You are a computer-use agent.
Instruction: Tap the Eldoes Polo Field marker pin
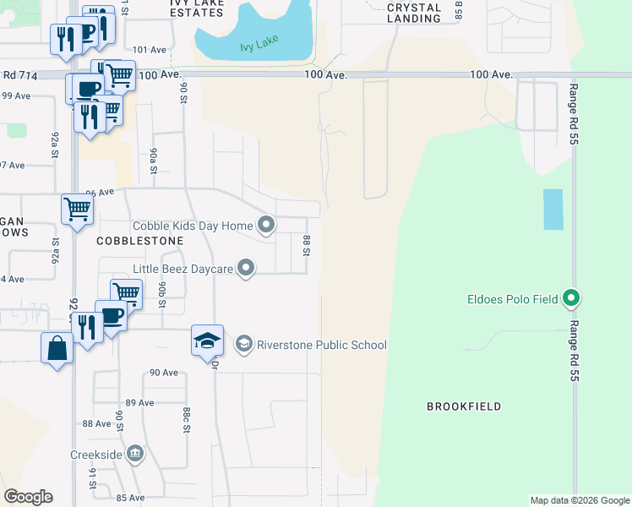point(572,298)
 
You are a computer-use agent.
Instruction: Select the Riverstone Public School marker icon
point(244,344)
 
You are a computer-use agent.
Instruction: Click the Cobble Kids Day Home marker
point(266,225)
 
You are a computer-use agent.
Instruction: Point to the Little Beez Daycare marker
point(246,269)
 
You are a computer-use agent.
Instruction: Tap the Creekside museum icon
point(135,455)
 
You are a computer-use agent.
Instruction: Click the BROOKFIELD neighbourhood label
point(464,406)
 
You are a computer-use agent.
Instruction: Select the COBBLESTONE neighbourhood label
point(139,241)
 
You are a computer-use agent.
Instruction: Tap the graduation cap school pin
point(207,341)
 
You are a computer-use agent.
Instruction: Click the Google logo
point(28,496)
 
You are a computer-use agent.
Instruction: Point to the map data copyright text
point(579,500)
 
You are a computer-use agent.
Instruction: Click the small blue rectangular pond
point(553,209)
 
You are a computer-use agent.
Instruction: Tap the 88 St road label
point(308,247)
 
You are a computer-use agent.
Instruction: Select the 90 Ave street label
point(164,373)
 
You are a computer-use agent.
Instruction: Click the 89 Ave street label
point(140,402)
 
